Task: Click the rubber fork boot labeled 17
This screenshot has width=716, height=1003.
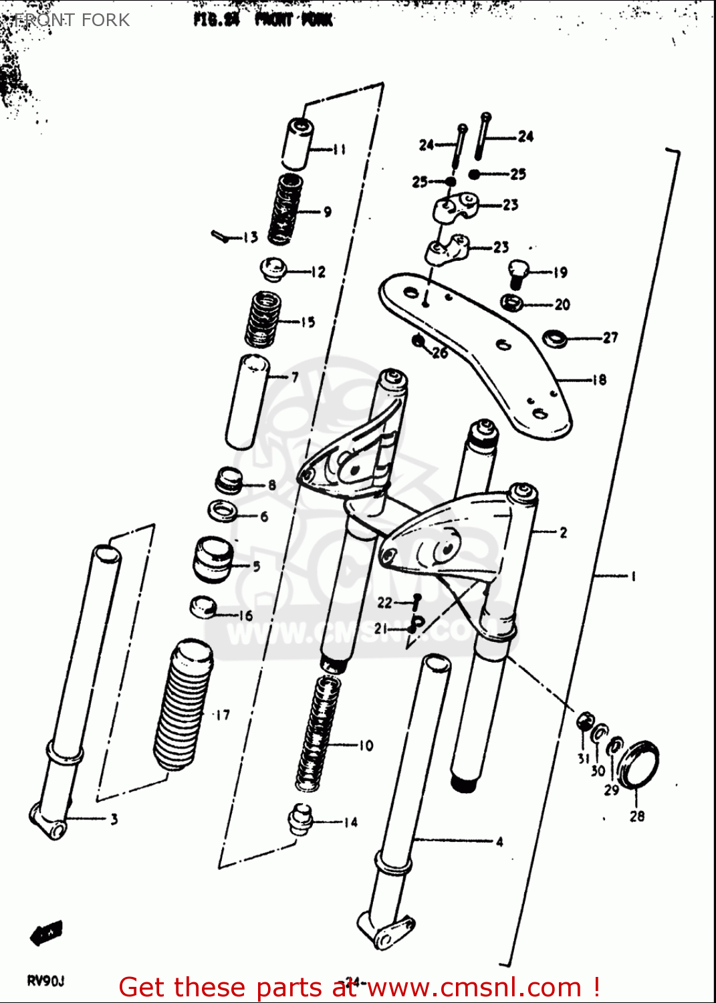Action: coord(183,705)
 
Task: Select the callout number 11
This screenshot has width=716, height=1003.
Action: coord(340,149)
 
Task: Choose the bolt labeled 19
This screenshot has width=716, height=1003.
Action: coord(519,272)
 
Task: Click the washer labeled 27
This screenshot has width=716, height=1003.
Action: coord(554,338)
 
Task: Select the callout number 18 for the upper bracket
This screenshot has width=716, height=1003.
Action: coord(599,380)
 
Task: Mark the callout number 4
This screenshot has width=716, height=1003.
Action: coord(499,842)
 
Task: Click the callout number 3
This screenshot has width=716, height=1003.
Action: coord(114,819)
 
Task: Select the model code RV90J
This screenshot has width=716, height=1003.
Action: coord(45,981)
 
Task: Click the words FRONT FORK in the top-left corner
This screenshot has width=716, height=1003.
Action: coord(72,20)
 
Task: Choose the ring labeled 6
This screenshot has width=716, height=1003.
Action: coord(223,512)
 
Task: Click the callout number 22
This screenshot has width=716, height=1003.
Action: coord(384,602)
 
